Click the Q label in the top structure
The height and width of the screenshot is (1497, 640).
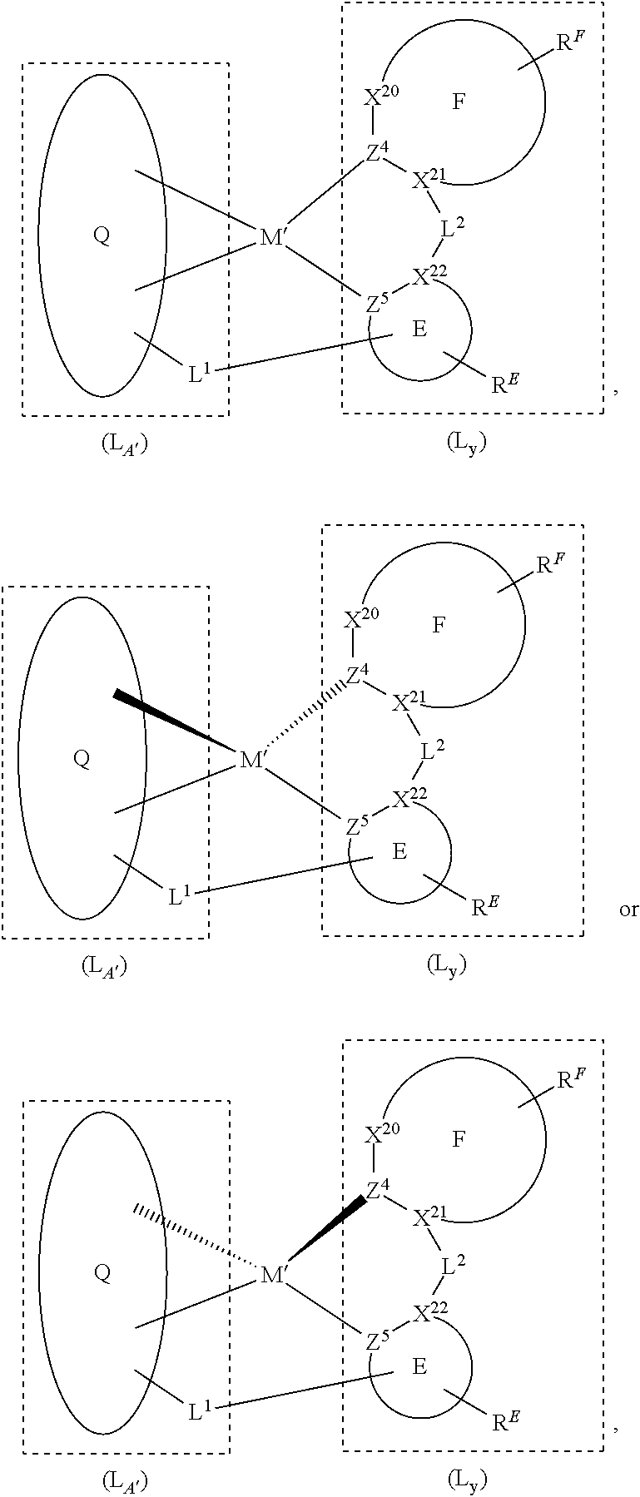tap(101, 235)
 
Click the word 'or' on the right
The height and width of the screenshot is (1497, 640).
tap(628, 909)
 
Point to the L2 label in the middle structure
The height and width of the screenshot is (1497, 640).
tap(433, 751)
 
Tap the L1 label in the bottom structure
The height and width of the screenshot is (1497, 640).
tap(200, 1411)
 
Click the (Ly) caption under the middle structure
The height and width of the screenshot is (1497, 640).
tap(447, 964)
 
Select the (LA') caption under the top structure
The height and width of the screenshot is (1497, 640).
tap(124, 444)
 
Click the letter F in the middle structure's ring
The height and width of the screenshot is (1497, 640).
tap(439, 625)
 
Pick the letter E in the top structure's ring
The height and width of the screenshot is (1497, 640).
tap(419, 329)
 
